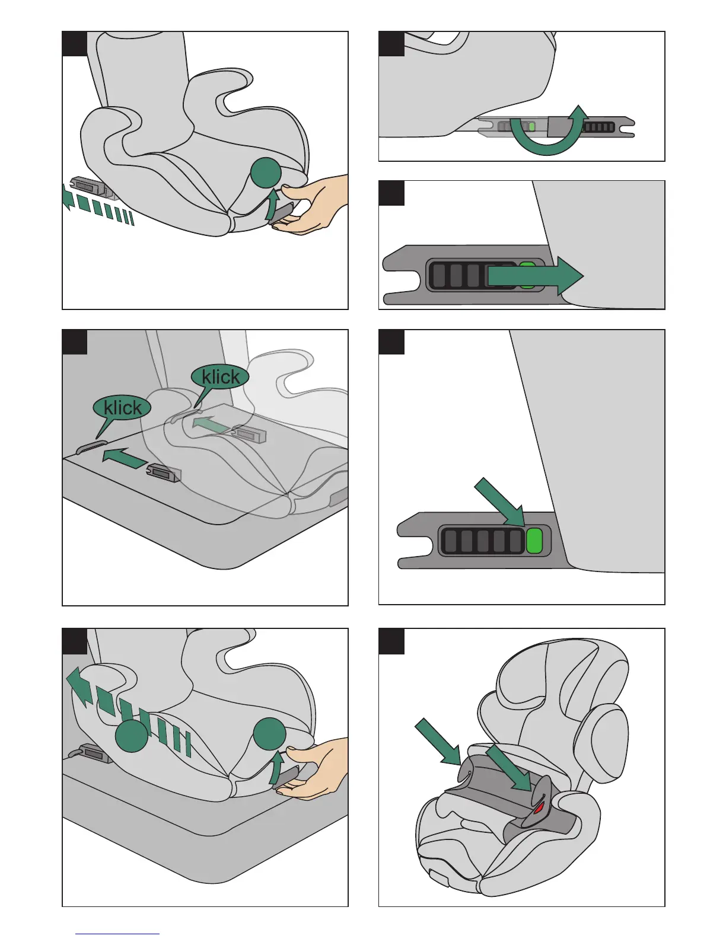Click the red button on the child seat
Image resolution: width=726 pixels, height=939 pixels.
click(x=539, y=807)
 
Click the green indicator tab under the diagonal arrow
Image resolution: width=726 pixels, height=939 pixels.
click(x=534, y=541)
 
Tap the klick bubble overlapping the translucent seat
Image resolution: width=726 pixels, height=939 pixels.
click(x=220, y=377)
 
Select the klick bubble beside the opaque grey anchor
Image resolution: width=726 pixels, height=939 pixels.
click(x=122, y=408)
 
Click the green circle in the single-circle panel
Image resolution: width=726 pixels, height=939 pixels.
click(x=266, y=173)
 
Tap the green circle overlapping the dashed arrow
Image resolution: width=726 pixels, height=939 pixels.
click(x=131, y=737)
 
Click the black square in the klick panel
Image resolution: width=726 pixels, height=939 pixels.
click(x=75, y=342)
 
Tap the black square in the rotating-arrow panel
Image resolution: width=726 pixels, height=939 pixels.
click(x=391, y=44)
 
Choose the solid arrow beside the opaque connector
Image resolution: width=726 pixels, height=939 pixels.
click(x=125, y=458)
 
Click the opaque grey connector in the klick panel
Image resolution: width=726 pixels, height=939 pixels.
click(x=164, y=472)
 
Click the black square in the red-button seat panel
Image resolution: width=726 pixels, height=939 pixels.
click(x=391, y=641)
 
